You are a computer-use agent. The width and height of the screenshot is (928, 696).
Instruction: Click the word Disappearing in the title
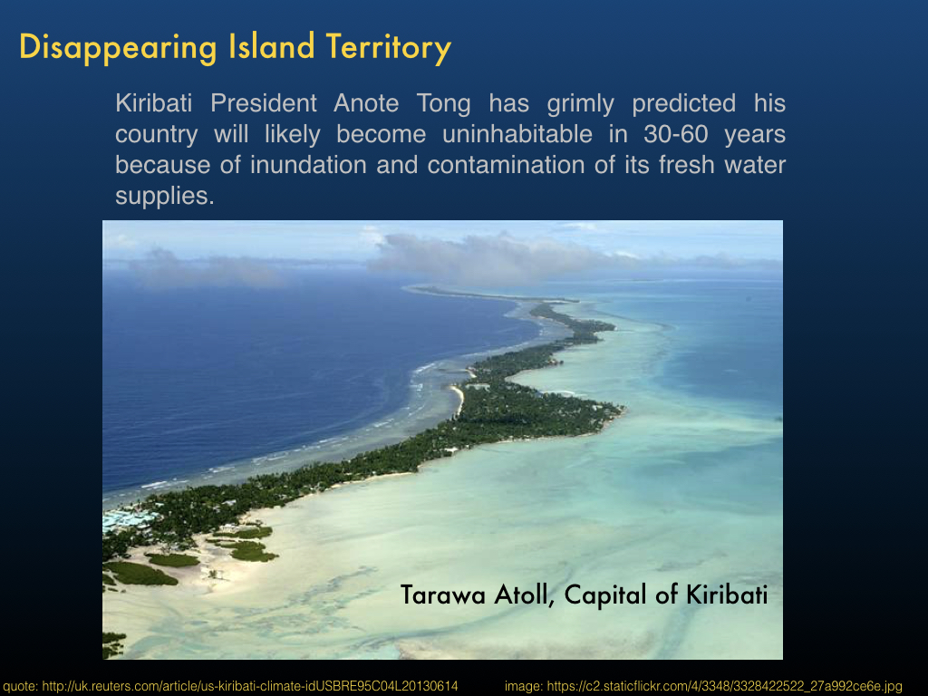[119, 47]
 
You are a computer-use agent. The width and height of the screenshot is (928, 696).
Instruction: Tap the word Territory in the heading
[388, 47]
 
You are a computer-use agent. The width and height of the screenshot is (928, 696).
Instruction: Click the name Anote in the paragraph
[366, 103]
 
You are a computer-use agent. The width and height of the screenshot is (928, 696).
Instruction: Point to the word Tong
[444, 104]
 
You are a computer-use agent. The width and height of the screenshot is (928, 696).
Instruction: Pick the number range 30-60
[676, 134]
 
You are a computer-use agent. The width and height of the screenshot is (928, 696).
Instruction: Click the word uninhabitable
[517, 134]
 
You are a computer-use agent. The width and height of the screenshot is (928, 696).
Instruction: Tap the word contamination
[506, 165]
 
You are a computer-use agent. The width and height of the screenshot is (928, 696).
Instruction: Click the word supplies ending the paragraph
[165, 197]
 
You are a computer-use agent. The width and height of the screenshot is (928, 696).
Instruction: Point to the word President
[264, 103]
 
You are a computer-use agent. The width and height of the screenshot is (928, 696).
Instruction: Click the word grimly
[581, 104]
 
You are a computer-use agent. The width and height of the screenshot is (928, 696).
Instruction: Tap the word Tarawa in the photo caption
[442, 594]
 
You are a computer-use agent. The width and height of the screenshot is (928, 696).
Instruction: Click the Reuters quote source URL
[250, 687]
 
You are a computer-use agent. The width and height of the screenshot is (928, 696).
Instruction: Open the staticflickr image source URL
[724, 687]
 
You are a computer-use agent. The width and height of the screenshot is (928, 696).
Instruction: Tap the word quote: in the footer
[21, 687]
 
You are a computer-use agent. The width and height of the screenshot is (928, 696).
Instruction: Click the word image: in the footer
[524, 687]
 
